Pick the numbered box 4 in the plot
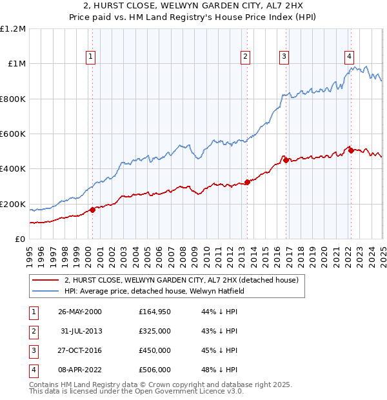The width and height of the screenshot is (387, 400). tap(349, 56)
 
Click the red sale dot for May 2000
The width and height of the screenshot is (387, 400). tap(92, 210)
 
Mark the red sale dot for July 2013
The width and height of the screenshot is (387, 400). tap(248, 182)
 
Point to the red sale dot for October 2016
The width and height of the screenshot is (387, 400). tap(286, 160)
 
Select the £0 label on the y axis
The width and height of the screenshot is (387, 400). tap(20, 239)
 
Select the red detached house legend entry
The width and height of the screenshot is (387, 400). tap(181, 281)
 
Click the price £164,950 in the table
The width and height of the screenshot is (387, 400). tap(154, 311)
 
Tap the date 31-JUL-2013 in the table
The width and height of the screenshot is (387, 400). tap(81, 330)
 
